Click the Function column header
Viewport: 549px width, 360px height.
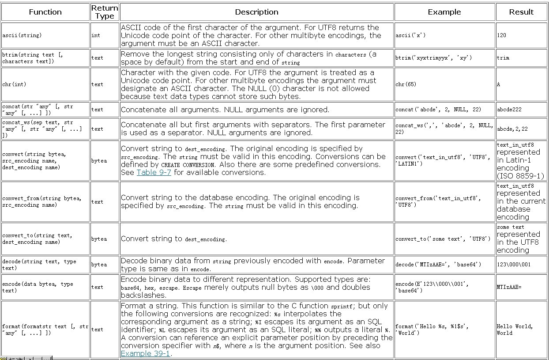45,12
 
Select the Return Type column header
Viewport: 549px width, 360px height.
105,12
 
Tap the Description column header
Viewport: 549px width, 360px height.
256,12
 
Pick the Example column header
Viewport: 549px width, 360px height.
444,12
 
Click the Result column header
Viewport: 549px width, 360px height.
521,12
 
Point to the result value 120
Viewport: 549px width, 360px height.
502,35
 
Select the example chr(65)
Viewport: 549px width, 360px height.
406,84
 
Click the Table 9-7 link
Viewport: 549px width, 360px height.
154,172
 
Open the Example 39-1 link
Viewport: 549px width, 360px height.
145,353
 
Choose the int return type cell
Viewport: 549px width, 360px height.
96,35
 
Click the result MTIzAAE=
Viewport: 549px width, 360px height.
509,287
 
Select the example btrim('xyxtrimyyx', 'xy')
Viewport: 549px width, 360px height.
434,58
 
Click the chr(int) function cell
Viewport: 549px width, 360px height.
15,84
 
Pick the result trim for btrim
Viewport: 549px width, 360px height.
503,58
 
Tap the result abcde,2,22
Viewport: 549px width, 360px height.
512,129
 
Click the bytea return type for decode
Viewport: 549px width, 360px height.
99,265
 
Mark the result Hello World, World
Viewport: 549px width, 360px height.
515,330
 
